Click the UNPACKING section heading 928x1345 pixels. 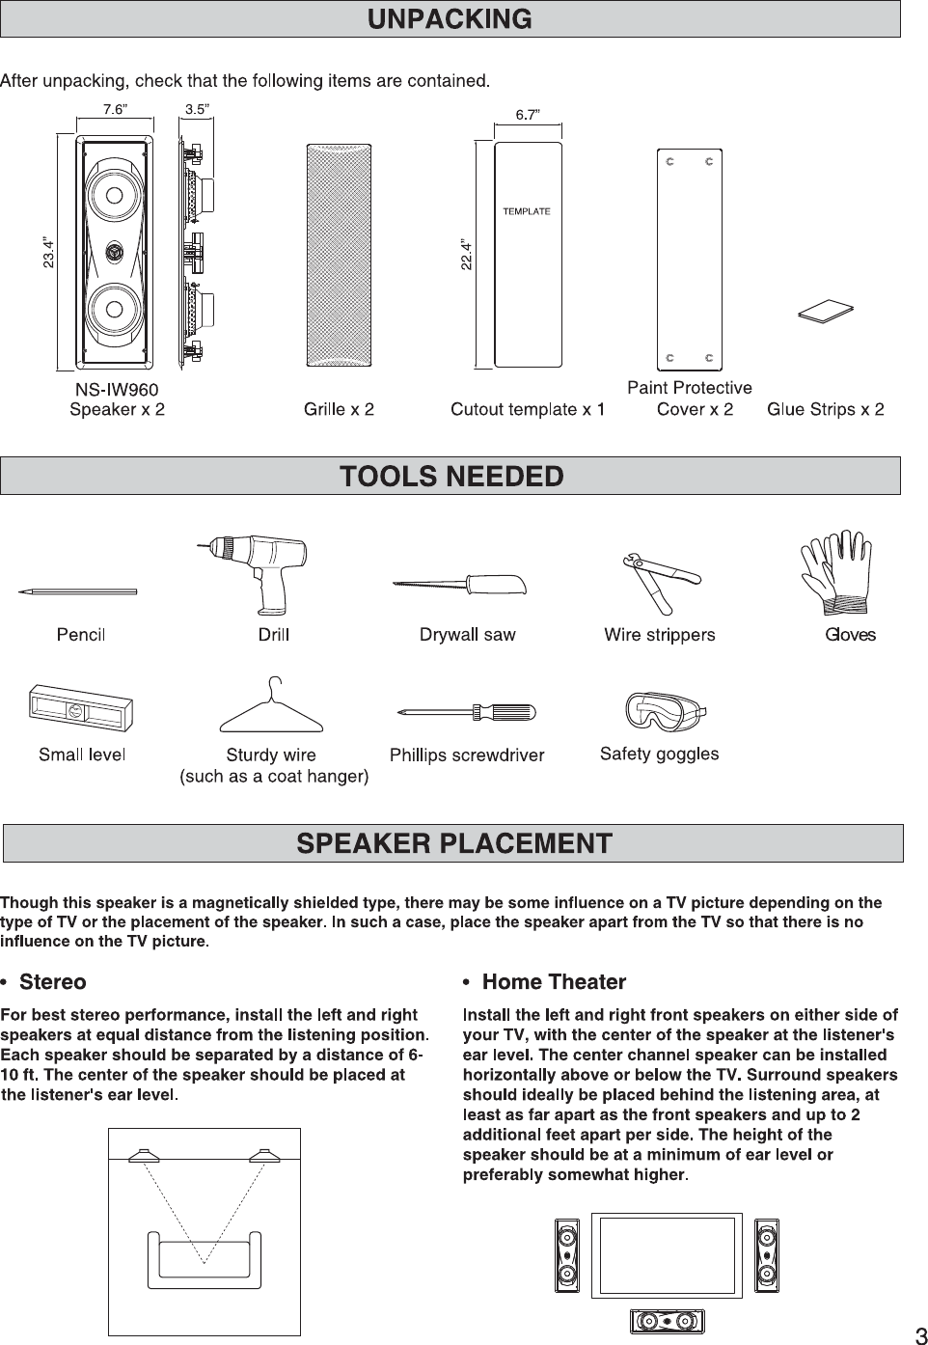pyautogui.click(x=450, y=19)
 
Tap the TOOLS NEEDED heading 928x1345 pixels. pyautogui.click(x=450, y=476)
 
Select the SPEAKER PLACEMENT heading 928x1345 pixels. pyautogui.click(x=453, y=843)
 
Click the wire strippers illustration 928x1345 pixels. pyautogui.click(x=660, y=583)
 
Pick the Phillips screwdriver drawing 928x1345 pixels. pyautogui.click(x=466, y=714)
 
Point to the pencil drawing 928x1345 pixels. pyautogui.click(x=77, y=591)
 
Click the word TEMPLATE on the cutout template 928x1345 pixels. pyautogui.click(x=527, y=211)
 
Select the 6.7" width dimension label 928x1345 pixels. pyautogui.click(x=527, y=115)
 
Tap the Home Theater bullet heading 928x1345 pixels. pyautogui.click(x=553, y=982)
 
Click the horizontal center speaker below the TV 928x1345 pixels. pyautogui.click(x=667, y=1321)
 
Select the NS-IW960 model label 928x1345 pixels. pyautogui.click(x=117, y=389)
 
